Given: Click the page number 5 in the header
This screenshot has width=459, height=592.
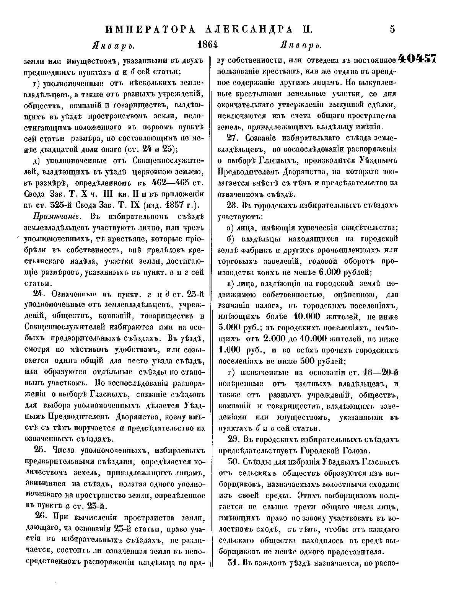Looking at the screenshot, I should click(x=392, y=29).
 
